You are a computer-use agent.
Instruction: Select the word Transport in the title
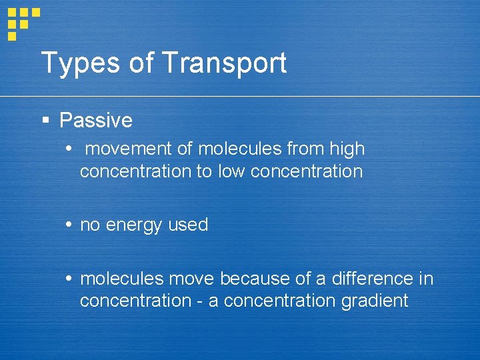[224, 63]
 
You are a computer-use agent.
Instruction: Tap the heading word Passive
[96, 121]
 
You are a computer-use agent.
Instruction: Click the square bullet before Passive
[45, 121]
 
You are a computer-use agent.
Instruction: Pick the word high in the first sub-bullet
[347, 149]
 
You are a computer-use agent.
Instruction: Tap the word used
[188, 225]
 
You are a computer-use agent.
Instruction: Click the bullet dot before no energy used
[70, 225]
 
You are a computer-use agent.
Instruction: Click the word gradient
[374, 301]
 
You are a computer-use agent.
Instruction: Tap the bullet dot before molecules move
[70, 278]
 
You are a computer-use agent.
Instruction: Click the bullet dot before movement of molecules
[70, 149]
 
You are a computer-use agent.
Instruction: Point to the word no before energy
[90, 225]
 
